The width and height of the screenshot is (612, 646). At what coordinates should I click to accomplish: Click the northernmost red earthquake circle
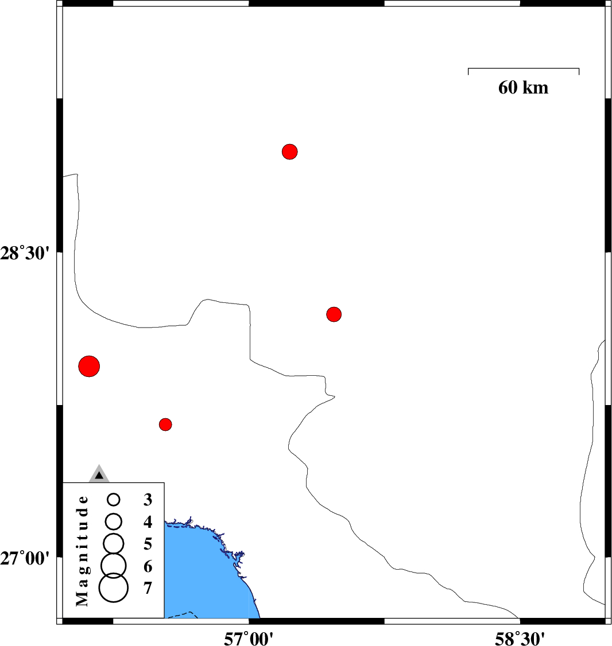click(x=290, y=151)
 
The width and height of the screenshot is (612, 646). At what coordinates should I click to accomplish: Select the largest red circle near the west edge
click(x=89, y=366)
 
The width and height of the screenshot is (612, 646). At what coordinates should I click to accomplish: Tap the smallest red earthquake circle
click(x=165, y=425)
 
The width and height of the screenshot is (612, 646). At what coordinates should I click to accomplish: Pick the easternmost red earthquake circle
click(x=334, y=314)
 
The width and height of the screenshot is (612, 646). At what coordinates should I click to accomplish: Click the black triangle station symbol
click(x=99, y=476)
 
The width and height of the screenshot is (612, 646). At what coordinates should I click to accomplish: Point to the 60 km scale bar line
click(x=524, y=68)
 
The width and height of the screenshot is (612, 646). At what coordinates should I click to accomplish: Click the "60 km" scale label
click(x=524, y=88)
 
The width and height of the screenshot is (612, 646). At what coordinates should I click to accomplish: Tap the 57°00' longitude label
click(x=249, y=639)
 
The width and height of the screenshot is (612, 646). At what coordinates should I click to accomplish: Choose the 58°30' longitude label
click(x=520, y=639)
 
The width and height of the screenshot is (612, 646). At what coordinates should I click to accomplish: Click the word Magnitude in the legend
click(x=83, y=551)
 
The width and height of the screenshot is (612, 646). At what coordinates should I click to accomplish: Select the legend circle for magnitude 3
click(x=114, y=500)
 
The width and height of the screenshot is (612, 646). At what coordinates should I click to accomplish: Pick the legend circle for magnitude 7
click(x=114, y=588)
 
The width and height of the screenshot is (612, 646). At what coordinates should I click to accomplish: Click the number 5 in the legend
click(x=148, y=544)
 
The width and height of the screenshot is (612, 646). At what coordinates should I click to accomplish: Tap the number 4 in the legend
click(x=148, y=522)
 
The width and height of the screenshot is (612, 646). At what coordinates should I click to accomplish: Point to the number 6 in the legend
click(x=148, y=566)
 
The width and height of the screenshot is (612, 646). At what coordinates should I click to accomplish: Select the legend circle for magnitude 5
click(x=114, y=543)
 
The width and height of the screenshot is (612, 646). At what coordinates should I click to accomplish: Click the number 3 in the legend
click(x=148, y=500)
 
